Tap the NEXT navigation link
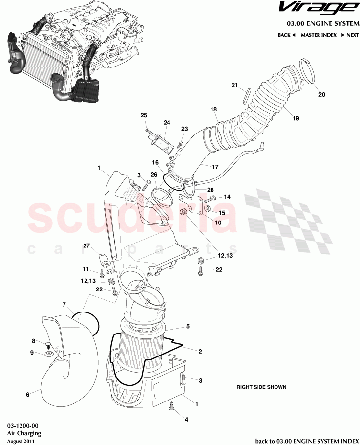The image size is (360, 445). point(350,35)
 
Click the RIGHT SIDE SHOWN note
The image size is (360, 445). point(261,387)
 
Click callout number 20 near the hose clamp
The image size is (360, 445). point(321,94)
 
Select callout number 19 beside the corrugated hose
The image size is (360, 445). point(296,118)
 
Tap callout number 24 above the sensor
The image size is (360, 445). point(167,122)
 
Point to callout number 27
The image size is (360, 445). point(86,246)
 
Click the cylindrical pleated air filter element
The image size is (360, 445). point(142,347)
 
